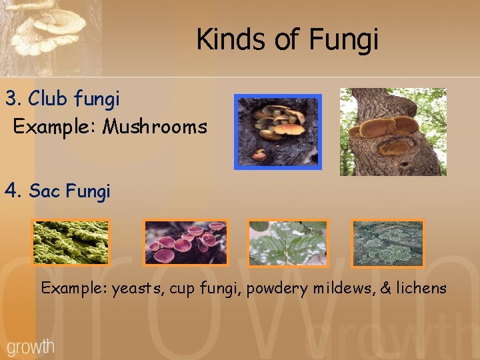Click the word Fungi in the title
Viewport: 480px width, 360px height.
[x=344, y=40]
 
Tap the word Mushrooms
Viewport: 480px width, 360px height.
[x=155, y=126]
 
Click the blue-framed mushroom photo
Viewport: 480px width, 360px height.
[x=278, y=131]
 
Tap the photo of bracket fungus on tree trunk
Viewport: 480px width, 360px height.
[x=393, y=131]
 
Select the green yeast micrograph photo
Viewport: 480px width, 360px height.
[x=71, y=243]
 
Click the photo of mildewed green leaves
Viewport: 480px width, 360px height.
[x=288, y=243]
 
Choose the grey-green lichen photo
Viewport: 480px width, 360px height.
[x=387, y=243]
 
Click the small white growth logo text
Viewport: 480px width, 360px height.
[x=31, y=346]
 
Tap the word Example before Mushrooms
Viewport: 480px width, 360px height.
[x=55, y=126]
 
